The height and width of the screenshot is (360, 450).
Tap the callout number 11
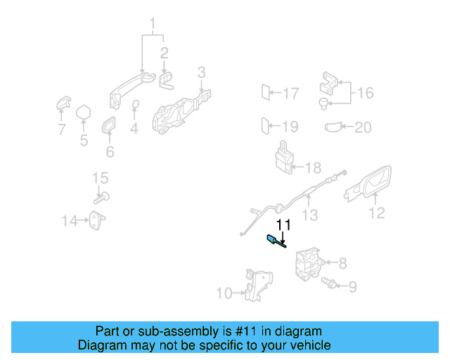283,225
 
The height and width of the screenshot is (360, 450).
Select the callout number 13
309,215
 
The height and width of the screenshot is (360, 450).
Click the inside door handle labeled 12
370,184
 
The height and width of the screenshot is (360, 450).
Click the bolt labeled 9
328,284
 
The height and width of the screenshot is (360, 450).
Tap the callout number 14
69,221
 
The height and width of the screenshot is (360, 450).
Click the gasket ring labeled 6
110,127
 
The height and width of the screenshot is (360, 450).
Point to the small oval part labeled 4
136,106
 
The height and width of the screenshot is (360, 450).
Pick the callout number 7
61,129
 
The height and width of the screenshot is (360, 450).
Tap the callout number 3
201,72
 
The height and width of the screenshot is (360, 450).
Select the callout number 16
366,93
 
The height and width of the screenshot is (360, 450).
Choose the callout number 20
363,127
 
